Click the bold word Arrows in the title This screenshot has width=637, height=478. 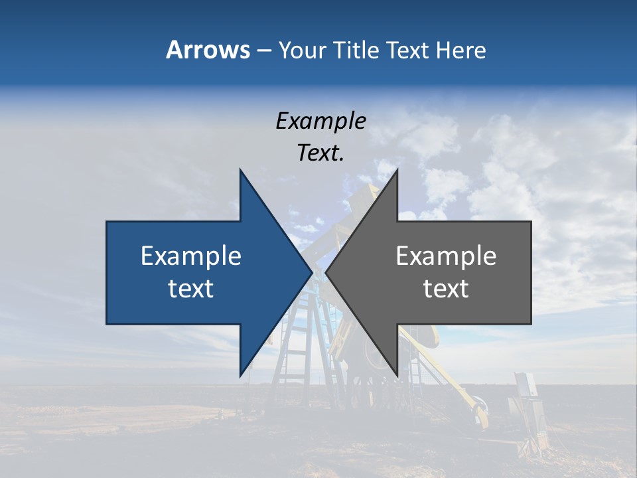coord(208,50)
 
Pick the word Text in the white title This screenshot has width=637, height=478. coord(409,50)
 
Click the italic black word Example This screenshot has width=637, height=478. coord(320,121)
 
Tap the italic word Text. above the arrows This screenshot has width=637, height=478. coord(320,153)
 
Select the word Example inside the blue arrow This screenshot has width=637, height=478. coord(190,256)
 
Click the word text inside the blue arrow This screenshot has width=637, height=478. coord(190,289)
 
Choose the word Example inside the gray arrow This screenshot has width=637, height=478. coord(446,256)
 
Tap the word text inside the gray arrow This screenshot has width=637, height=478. coord(446,289)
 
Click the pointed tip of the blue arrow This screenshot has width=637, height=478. coord(312,273)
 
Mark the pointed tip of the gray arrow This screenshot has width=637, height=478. coord(326,273)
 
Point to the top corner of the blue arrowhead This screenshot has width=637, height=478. coord(240,170)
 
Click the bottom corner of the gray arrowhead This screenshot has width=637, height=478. coord(397,376)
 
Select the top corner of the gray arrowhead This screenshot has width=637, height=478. coord(397,170)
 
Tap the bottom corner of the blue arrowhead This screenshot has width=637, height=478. coord(240,376)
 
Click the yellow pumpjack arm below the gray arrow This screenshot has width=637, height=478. coord(464,392)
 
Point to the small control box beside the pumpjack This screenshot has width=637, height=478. coord(525,388)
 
